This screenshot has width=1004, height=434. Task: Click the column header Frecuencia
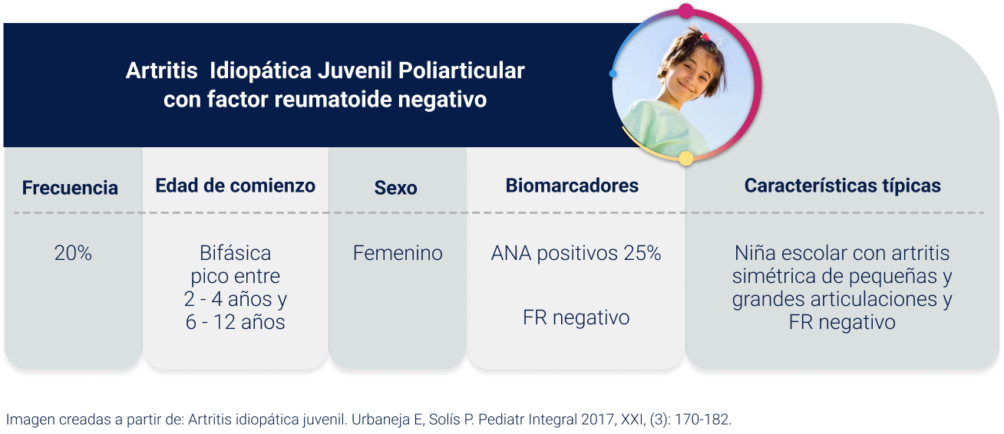tap(70, 188)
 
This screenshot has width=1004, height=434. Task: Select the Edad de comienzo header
tap(235, 186)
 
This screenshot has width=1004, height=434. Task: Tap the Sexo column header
tap(396, 188)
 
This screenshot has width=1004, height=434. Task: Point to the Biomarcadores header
tap(572, 186)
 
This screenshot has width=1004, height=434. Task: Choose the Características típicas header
tap(842, 186)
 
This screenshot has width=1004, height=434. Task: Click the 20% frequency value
tap(73, 254)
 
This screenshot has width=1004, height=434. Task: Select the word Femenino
tap(398, 254)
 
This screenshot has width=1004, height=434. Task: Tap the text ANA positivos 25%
tap(576, 254)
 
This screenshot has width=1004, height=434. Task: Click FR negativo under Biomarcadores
tap(576, 317)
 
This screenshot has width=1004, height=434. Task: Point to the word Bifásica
tap(235, 254)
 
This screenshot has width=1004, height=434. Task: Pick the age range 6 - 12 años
tap(235, 323)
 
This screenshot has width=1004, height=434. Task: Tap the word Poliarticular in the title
tap(461, 71)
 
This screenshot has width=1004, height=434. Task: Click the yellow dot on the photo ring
tap(686, 159)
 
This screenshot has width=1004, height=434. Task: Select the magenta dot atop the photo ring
tap(685, 10)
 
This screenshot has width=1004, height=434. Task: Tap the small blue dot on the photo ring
tap(613, 74)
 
